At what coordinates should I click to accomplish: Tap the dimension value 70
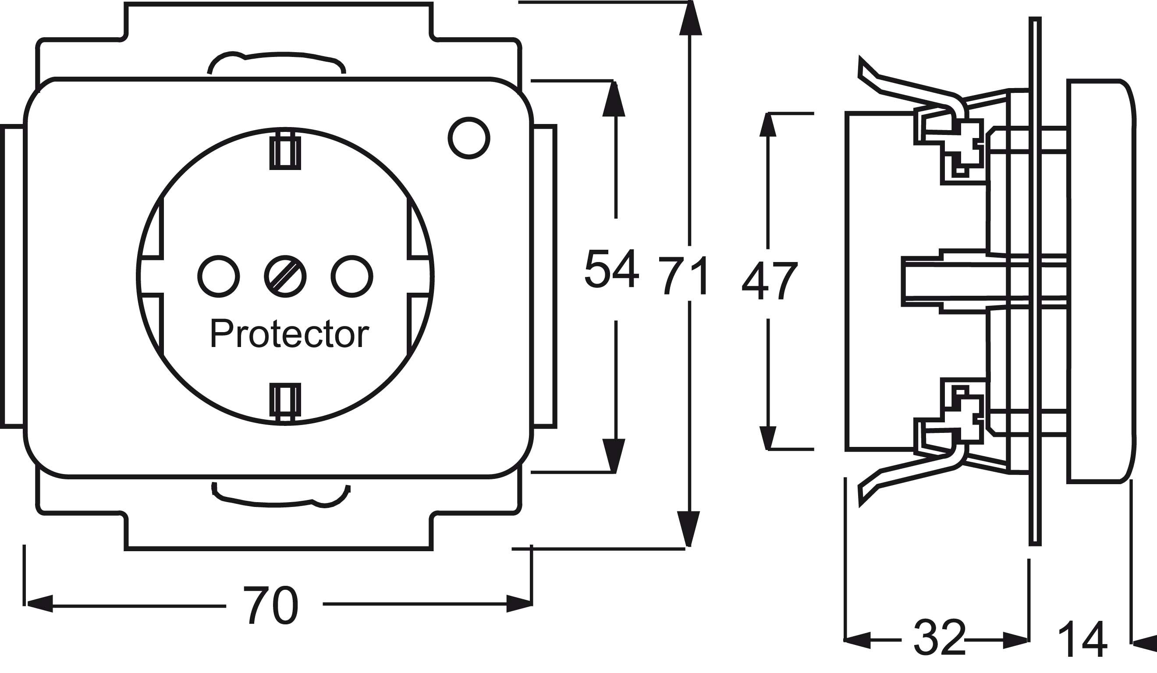pos(270,605)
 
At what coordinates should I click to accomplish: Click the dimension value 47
pos(770,280)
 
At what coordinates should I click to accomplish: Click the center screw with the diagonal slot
pos(285,276)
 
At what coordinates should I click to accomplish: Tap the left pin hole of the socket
pos(219,276)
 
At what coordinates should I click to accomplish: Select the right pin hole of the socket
pos(351,276)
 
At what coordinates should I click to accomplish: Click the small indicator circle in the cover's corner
pos(469,138)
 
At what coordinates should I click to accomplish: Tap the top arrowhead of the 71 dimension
pos(691,18)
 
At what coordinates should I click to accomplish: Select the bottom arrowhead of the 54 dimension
pos(614,456)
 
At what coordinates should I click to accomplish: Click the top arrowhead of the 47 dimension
pos(768,124)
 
